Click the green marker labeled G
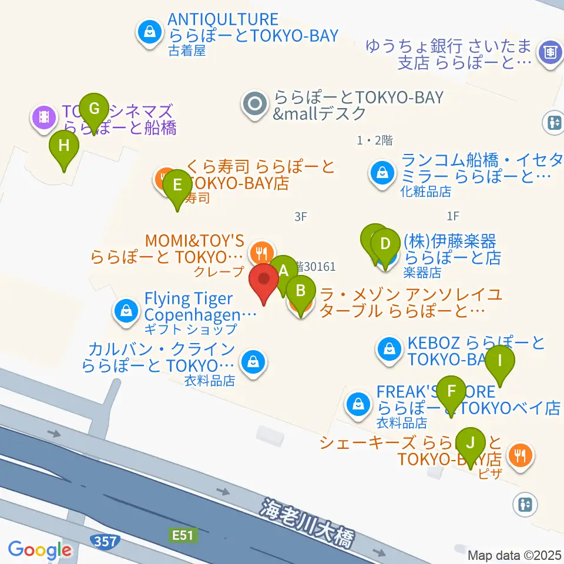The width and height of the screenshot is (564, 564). point(94,109)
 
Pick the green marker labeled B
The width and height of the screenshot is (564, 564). point(300,290)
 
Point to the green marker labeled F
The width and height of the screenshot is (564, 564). point(451,391)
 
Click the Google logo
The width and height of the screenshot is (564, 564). point(39,550)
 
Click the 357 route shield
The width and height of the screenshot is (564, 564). point(105,539)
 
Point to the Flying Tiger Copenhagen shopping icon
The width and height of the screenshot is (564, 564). point(126,310)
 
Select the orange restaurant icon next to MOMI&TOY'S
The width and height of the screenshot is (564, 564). point(260,253)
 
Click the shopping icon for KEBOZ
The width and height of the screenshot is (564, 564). point(390,350)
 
